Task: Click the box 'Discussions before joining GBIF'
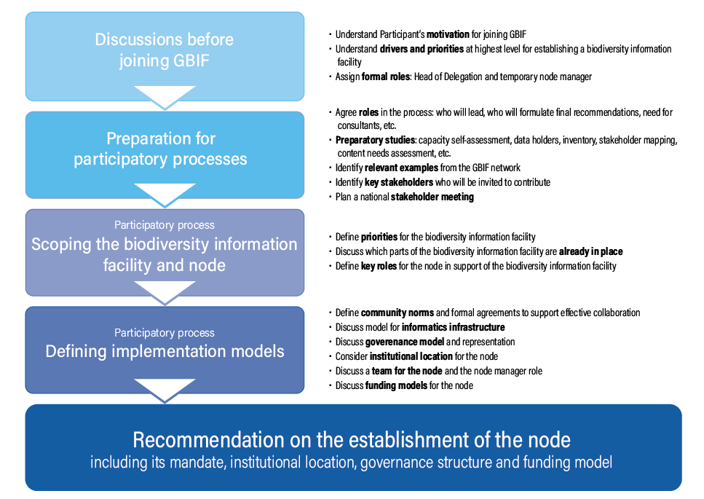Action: point(164,50)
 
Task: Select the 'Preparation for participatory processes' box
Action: point(164,149)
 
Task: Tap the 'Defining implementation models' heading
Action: point(165,351)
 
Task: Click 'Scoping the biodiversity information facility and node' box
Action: point(164,253)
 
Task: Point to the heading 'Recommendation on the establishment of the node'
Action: point(352,440)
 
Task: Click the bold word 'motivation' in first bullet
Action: point(448,34)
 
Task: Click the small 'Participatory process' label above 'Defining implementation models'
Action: point(165,333)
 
